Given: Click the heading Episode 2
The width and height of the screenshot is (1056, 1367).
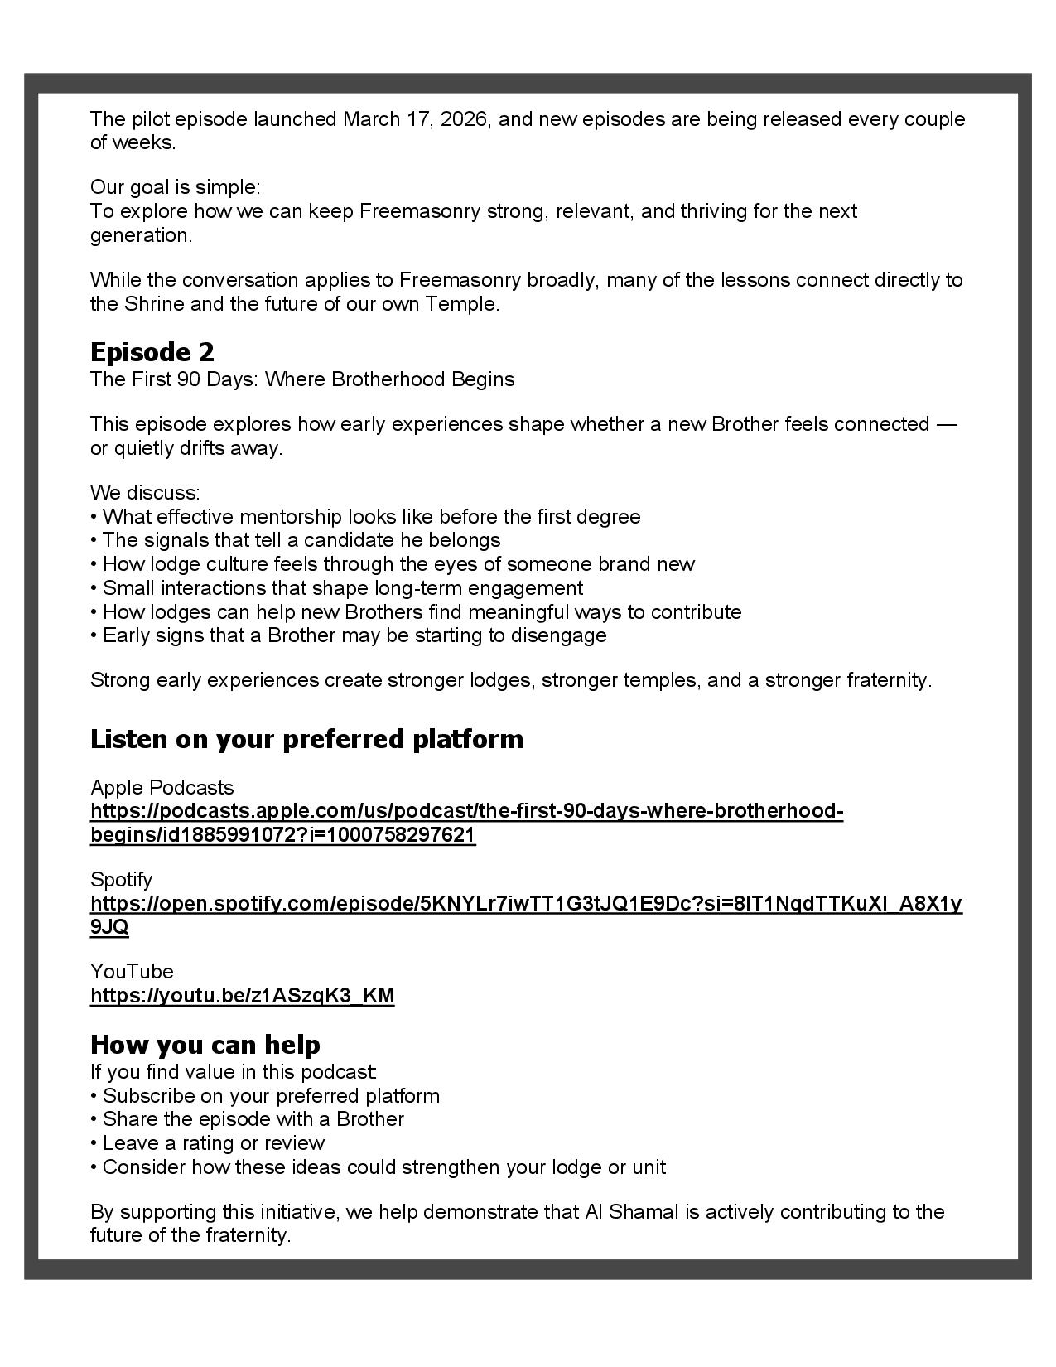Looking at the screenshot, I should coord(152,352).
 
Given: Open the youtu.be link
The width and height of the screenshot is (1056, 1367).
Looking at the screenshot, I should coord(242,996).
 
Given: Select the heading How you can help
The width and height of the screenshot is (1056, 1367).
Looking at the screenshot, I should coord(205,1044).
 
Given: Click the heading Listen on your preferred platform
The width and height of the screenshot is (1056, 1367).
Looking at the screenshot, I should coord(306,739).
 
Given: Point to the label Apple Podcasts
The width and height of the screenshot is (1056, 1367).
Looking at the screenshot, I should coord(162,787).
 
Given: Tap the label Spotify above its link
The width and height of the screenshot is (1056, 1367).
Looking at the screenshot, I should coord(121,879).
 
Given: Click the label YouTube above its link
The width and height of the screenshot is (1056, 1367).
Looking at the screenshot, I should coord(132,971).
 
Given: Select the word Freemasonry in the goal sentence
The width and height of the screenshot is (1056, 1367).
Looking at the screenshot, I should coord(419,211).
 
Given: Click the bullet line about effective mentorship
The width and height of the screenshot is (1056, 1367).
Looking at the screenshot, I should coord(365,517).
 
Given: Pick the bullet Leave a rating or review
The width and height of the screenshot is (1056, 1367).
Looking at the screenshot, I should coord(208,1143).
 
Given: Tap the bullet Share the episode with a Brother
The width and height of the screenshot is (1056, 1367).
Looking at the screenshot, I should coord(248,1119).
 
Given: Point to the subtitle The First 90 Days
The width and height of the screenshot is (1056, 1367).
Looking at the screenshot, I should coord(302,379).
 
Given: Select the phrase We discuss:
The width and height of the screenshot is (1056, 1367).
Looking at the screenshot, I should coord(145,493).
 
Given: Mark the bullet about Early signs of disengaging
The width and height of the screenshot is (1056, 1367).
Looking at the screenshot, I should coord(349,635).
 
